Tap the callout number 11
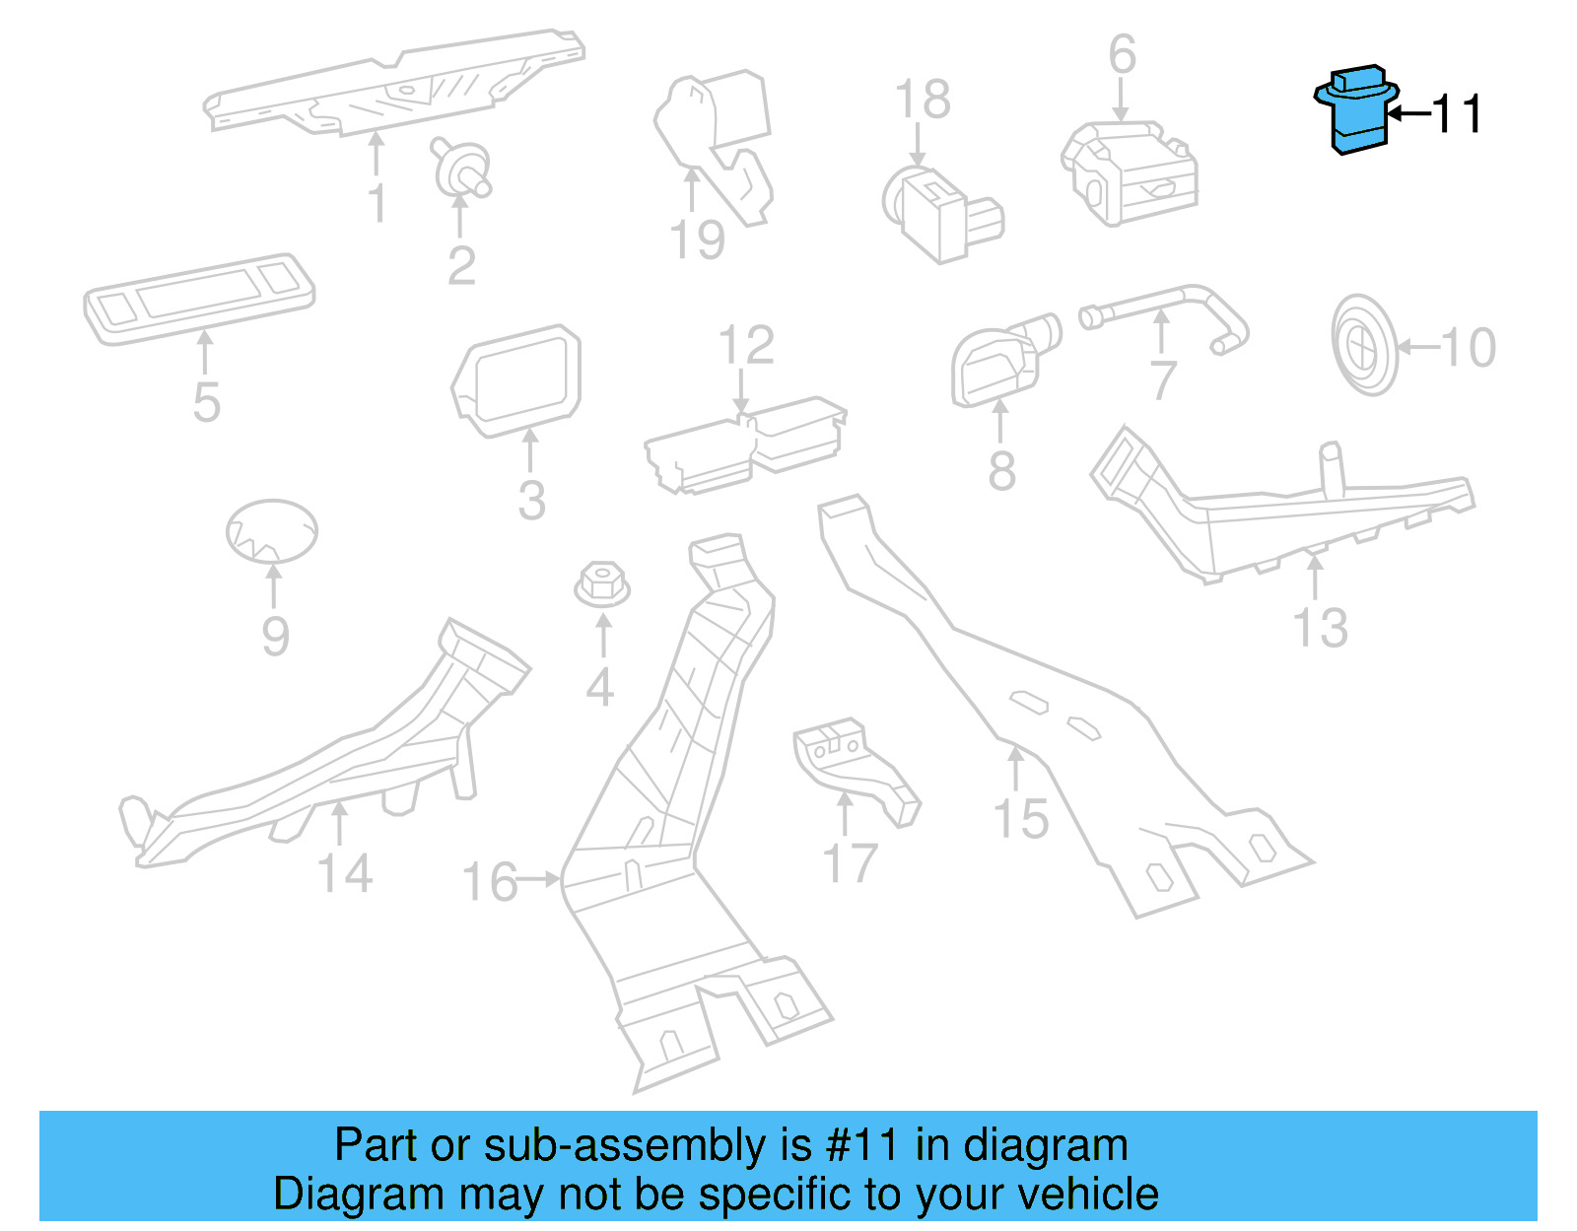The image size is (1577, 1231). tap(1457, 114)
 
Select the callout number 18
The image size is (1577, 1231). tap(923, 100)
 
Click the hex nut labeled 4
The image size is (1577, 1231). tap(602, 583)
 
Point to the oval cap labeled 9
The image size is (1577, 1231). tap(272, 530)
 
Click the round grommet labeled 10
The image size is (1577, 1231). tap(1364, 345)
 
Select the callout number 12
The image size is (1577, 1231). tap(746, 346)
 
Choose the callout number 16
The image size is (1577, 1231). tap(490, 881)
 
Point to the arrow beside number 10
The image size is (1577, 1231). tap(1417, 347)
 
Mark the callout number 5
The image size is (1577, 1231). tap(206, 402)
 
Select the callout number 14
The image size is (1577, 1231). tap(345, 873)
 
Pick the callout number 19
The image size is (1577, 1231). tap(697, 240)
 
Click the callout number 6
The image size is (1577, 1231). tap(1122, 55)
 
